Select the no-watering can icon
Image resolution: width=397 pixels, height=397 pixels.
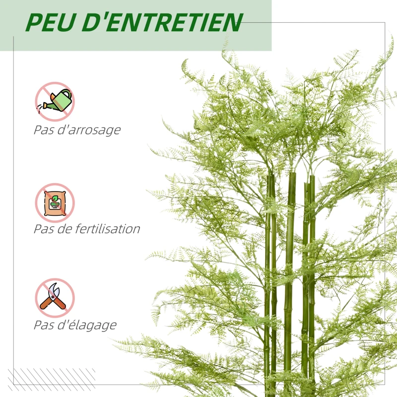(55, 101)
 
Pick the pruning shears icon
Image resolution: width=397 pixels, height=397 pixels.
(55, 298)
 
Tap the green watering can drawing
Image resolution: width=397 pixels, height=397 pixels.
(61, 99)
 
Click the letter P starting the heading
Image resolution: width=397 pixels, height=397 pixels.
(33, 22)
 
